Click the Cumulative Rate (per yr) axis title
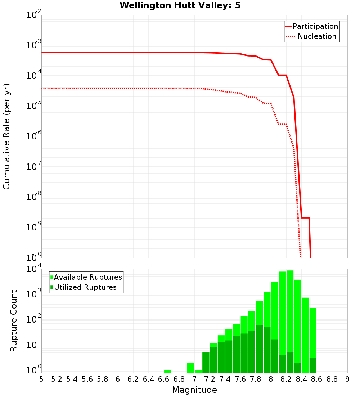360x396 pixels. (6, 136)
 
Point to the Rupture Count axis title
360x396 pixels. (14, 321)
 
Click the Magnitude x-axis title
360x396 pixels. (194, 390)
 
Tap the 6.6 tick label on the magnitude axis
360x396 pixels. (164, 379)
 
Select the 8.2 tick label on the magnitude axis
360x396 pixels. (286, 379)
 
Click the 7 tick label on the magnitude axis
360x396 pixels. (194, 379)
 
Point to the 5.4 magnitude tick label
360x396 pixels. (72, 379)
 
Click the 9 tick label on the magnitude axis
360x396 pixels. (347, 379)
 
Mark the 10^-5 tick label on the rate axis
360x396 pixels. (33, 106)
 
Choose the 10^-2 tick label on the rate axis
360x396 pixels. (33, 15)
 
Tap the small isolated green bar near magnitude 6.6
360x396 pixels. (167, 371)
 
